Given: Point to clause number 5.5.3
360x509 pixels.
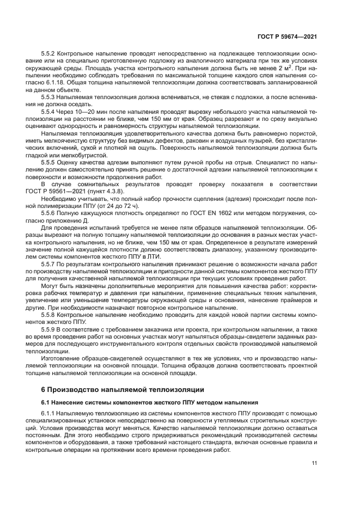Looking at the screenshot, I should click(48, 96).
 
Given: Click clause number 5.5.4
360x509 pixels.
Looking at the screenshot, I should click(48, 110).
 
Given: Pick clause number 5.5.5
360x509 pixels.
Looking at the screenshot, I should click(48, 162).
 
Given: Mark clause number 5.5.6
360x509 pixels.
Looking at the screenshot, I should click(48, 213).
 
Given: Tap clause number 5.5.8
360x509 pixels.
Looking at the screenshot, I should click(48, 315).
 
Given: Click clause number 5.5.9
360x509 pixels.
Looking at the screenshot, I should click(48, 329).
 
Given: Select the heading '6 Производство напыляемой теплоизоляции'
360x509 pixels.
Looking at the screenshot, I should click(123, 390).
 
